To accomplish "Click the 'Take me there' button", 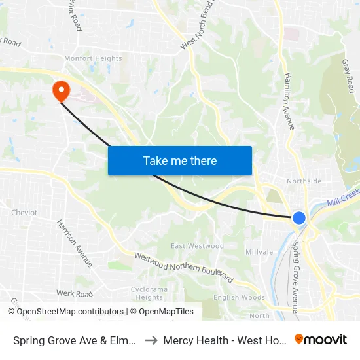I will (x=180, y=160).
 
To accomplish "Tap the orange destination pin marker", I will (x=61, y=91).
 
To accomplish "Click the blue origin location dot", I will (x=298, y=218).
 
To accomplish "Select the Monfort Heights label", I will (x=93, y=58).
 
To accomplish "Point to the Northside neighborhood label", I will (x=304, y=181).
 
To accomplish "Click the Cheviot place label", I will (x=24, y=213).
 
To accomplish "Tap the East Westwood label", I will (x=197, y=246).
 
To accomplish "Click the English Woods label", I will (x=240, y=297).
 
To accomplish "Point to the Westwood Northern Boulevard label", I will (x=184, y=268).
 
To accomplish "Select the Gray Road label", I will (x=348, y=75).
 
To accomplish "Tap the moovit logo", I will (x=321, y=339).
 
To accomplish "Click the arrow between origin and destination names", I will (x=150, y=340).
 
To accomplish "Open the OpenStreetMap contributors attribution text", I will (x=70, y=312).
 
